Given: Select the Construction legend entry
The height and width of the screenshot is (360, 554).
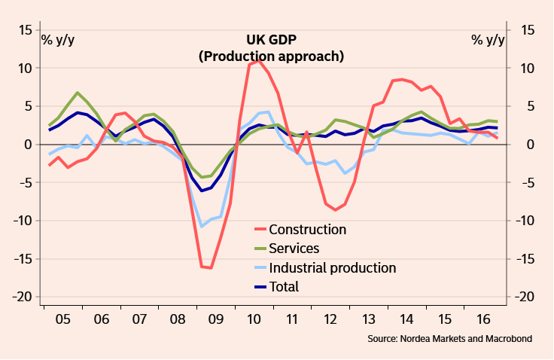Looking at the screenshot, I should pyautogui.click(x=307, y=230).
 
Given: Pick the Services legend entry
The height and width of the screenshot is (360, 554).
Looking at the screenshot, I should pyautogui.click(x=294, y=249).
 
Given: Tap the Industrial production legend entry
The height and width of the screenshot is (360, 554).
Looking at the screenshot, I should pyautogui.click(x=332, y=267).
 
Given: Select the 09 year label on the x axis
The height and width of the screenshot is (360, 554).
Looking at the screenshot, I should pyautogui.click(x=216, y=319).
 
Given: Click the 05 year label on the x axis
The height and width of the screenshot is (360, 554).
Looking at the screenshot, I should pyautogui.click(x=64, y=319).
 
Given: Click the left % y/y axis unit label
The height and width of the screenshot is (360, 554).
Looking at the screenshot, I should pyautogui.click(x=58, y=39).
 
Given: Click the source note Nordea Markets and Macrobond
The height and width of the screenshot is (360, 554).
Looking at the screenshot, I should pyautogui.click(x=449, y=340).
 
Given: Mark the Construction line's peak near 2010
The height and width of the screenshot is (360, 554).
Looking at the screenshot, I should pyautogui.click(x=259, y=60).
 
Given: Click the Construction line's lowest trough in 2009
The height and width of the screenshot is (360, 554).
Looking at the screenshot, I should pyautogui.click(x=211, y=268).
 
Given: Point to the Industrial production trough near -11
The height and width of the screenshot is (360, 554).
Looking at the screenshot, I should pyautogui.click(x=201, y=226).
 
